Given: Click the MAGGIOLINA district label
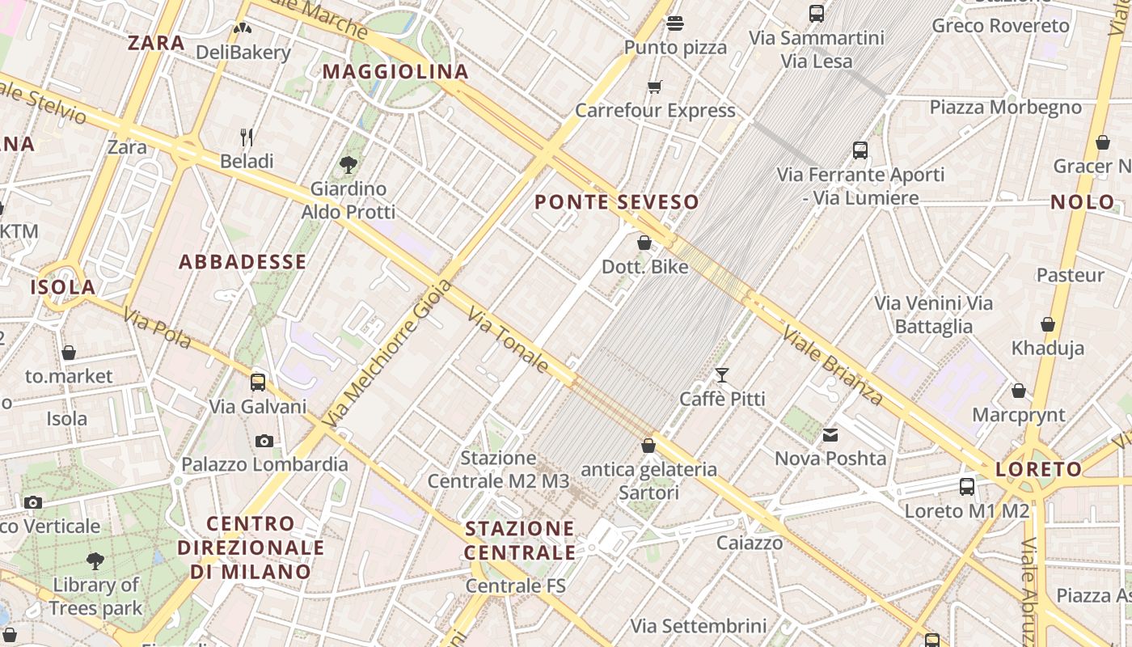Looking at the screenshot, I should click(395, 71).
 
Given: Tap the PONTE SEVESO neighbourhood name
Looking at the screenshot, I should click(617, 202).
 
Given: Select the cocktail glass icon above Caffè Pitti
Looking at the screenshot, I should click(722, 375).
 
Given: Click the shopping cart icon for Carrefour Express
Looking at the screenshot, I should click(655, 87).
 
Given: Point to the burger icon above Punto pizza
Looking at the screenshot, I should click(675, 23).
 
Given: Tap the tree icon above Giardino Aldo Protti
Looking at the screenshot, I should click(348, 165).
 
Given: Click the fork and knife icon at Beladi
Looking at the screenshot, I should click(247, 137).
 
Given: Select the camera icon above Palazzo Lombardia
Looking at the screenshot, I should click(264, 441).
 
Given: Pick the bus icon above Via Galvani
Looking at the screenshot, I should click(258, 383).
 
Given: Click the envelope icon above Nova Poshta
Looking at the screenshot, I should click(830, 435).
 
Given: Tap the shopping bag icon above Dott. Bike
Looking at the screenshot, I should click(644, 243).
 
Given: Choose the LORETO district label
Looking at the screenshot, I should click(1038, 469).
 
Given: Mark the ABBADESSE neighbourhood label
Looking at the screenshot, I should click(243, 261).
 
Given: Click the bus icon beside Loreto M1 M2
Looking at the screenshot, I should click(967, 487).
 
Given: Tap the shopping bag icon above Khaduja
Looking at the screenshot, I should click(1048, 325).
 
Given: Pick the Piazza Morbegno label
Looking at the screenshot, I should click(1005, 107).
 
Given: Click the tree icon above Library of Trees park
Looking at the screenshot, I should click(95, 560).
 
